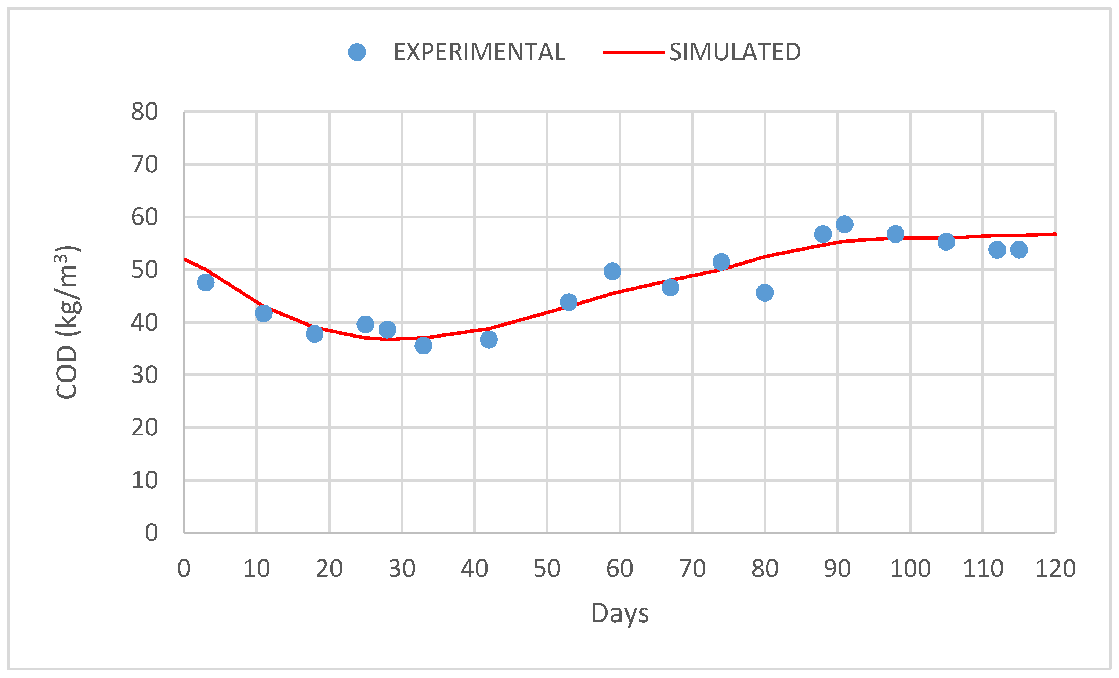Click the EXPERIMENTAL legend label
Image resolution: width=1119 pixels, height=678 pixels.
[x=479, y=52]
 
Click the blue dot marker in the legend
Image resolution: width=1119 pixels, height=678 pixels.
[x=357, y=52]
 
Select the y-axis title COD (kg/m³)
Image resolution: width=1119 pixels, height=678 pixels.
[x=67, y=322]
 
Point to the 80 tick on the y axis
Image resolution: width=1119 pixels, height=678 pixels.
[x=144, y=112]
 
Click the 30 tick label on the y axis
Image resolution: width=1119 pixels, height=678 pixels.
[x=144, y=375]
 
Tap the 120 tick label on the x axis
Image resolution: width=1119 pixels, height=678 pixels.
[x=1055, y=569]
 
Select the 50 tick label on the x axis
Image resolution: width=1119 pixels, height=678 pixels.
[x=547, y=569]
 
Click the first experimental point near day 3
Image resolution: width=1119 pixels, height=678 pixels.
[x=206, y=283]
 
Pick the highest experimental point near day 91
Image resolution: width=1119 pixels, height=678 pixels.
[x=844, y=224]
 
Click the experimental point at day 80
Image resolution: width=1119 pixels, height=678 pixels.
[x=765, y=293]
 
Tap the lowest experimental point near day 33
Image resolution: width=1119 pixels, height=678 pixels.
[x=423, y=345]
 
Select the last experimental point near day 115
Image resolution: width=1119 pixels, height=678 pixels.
[x=1019, y=249]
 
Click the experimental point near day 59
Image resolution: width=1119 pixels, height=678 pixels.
[x=612, y=271]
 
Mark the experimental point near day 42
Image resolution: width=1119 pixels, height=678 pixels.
[x=489, y=339]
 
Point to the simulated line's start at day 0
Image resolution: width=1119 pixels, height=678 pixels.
[x=184, y=259]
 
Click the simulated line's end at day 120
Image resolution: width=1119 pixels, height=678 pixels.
[x=1054, y=234]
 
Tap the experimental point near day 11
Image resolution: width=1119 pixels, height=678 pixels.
[x=263, y=313]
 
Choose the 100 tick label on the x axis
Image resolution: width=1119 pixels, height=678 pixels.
[x=910, y=569]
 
